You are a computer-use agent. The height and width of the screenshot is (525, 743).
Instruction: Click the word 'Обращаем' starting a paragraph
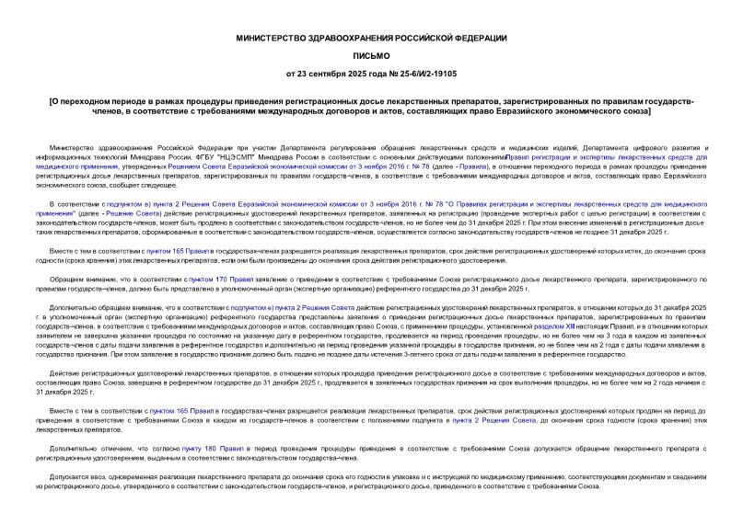[69, 279]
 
